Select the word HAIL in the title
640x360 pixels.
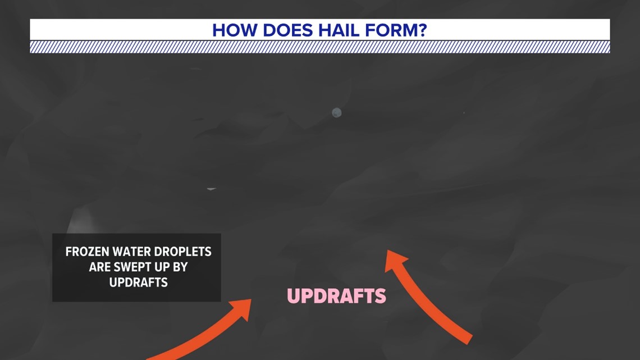click(x=331, y=30)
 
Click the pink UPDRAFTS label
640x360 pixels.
click(x=336, y=296)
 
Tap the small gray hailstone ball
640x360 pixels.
click(x=336, y=113)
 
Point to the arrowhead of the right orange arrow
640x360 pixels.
click(x=395, y=259)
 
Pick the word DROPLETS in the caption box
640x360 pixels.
click(x=184, y=252)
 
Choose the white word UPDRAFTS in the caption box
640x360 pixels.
click(x=138, y=282)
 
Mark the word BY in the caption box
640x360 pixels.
click(x=180, y=267)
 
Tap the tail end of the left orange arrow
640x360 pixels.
click(x=150, y=358)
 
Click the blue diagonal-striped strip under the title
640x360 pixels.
click(x=319, y=47)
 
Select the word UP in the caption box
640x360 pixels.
click(x=162, y=267)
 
